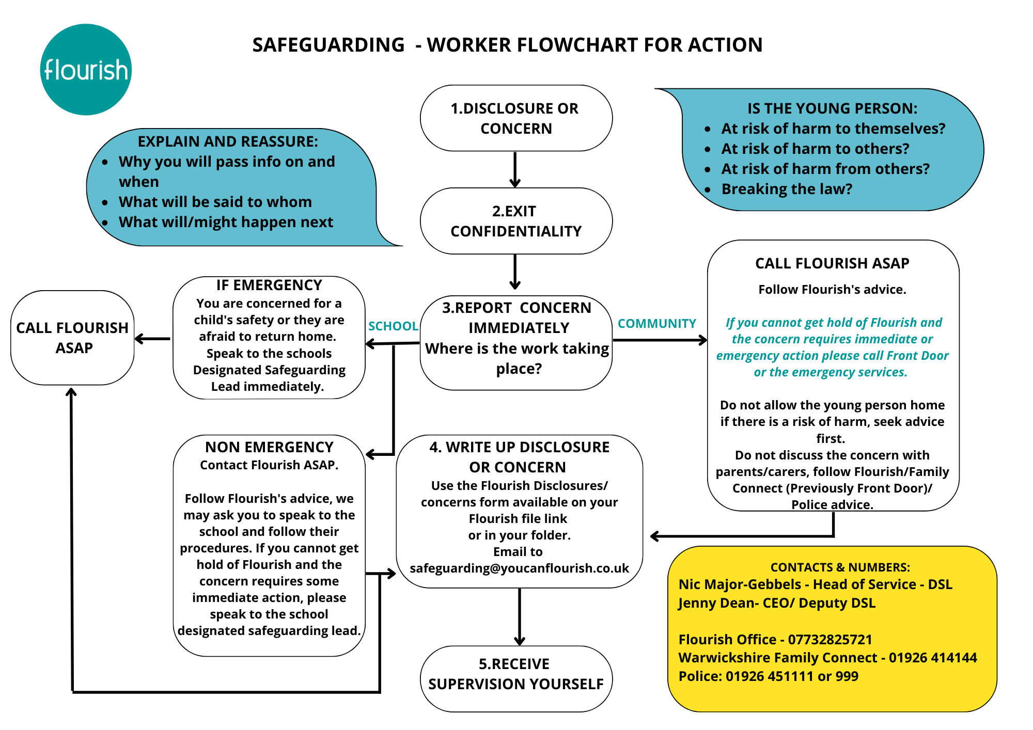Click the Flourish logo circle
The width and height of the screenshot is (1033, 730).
(86, 69)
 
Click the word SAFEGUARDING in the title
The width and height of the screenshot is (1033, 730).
(328, 45)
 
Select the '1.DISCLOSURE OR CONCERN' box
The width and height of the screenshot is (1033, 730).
(516, 118)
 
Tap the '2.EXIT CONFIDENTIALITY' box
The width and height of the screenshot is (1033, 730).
(516, 221)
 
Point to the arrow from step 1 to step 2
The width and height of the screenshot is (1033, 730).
(515, 169)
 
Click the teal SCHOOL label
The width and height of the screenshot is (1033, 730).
(393, 326)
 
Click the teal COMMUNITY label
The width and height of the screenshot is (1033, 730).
(657, 324)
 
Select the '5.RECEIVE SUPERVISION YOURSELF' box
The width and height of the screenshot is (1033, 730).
(516, 679)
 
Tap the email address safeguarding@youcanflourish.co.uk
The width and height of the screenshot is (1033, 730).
(519, 568)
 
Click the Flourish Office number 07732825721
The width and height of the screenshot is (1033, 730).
(830, 640)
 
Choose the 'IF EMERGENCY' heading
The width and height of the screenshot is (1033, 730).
(269, 285)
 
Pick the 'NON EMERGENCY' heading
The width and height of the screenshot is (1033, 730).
(269, 447)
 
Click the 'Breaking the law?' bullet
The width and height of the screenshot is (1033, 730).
(787, 189)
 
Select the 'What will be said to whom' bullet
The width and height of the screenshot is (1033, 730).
(215, 202)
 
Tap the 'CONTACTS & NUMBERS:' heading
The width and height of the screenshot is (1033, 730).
(840, 567)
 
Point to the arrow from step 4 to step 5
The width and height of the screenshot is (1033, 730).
(520, 617)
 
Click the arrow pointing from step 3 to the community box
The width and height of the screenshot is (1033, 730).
(660, 340)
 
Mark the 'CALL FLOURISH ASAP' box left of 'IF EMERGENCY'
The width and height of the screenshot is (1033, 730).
(72, 338)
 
